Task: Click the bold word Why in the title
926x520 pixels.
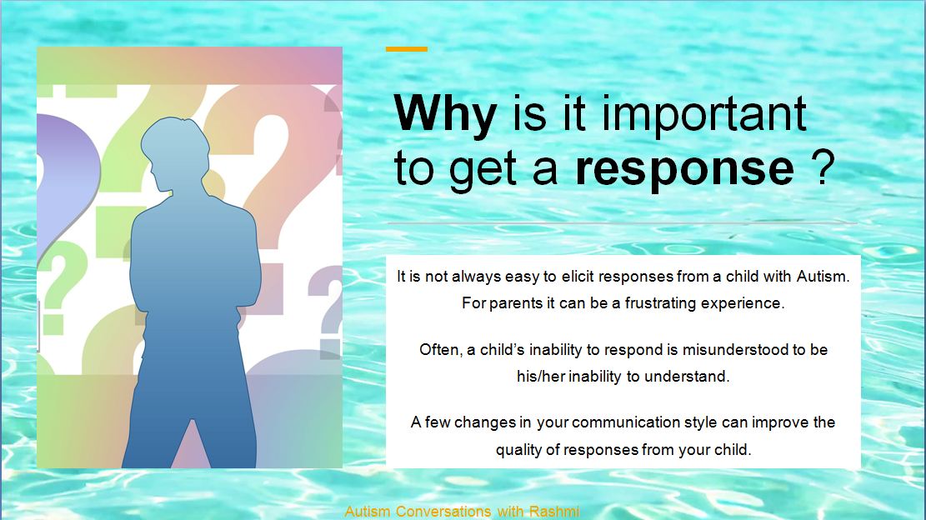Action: point(445,114)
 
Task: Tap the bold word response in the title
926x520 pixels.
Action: point(684,169)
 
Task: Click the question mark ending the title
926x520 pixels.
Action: point(823,167)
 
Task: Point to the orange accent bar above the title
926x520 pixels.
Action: point(406,49)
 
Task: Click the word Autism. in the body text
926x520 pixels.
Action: point(823,276)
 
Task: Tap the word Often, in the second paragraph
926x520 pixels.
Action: point(441,350)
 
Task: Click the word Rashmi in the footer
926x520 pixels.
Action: point(554,511)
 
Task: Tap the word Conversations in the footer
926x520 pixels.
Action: point(443,511)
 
